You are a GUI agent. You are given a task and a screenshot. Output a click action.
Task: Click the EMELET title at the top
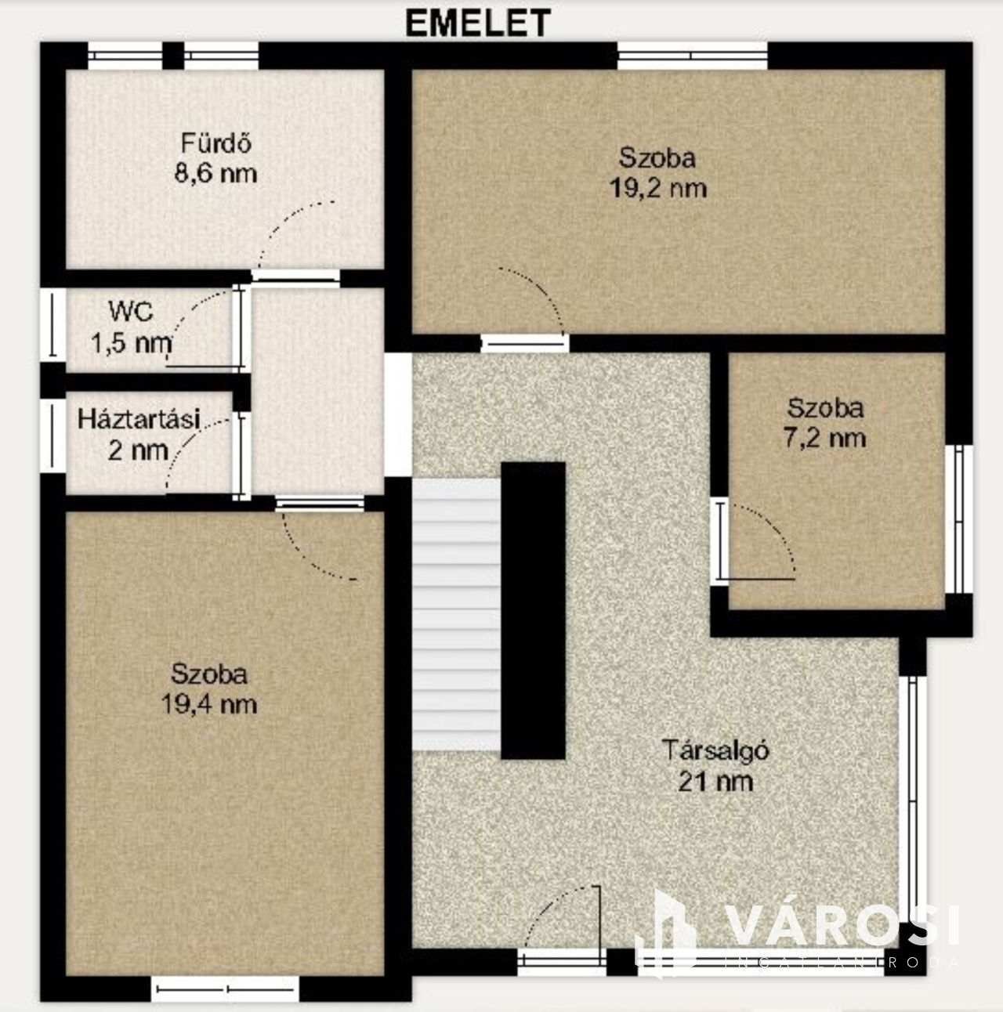478,23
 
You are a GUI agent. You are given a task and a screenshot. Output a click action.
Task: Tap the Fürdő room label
216,143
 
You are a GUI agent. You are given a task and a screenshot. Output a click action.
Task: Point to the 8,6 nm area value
215,173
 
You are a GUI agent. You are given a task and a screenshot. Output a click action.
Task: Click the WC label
131,312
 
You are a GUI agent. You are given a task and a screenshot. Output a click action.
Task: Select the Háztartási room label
139,420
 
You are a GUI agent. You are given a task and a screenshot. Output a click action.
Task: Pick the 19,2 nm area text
657,188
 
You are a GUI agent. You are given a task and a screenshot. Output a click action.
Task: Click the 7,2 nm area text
825,438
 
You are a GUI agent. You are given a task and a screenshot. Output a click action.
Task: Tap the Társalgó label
715,750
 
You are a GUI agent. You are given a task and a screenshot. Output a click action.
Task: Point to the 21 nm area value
715,782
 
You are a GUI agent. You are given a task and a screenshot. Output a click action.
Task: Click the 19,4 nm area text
209,704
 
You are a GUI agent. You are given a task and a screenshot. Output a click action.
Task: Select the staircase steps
456,614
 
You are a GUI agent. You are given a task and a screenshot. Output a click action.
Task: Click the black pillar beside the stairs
533,611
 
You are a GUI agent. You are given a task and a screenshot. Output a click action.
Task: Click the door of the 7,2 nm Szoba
720,541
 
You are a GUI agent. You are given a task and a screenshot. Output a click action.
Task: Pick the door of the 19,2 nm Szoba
525,343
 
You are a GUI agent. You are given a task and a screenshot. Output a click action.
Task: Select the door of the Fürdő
295,276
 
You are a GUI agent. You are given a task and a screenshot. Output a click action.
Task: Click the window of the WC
53,325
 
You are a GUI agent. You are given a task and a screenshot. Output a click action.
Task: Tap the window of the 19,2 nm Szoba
692,56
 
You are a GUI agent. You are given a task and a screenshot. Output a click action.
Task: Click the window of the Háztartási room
53,436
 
